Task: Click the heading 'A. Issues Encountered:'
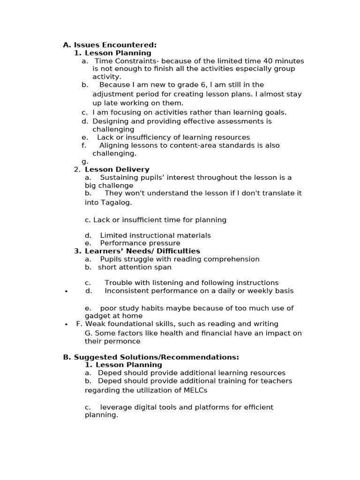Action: (110, 45)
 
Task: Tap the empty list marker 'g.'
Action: (84, 161)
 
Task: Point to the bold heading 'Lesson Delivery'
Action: (117, 169)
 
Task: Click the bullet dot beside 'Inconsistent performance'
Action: (66, 292)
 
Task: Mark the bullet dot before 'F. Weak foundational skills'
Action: (66, 324)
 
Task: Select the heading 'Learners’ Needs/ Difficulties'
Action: (142, 251)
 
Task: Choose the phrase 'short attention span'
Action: (135, 267)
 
